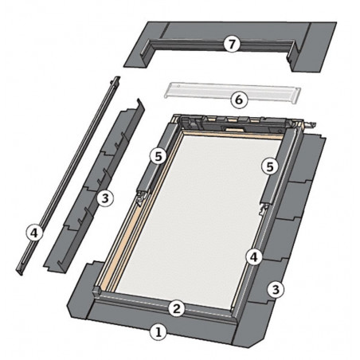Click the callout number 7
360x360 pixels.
[x=230, y=45]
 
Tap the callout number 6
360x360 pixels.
[x=237, y=100]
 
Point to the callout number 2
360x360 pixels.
[x=178, y=307]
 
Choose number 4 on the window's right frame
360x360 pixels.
[x=252, y=257]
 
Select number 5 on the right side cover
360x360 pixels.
[x=271, y=166]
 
